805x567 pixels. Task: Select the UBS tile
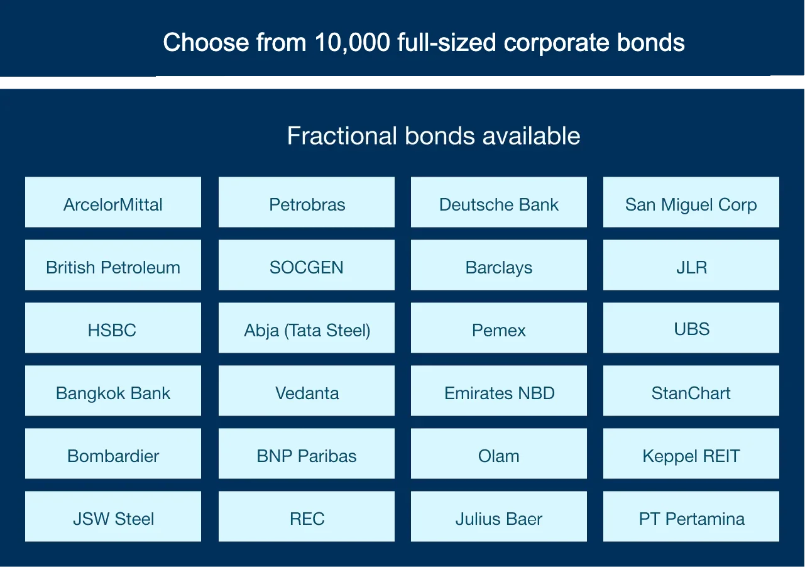click(691, 328)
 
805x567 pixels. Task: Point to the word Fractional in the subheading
click(342, 136)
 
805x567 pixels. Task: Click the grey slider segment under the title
click(190, 79)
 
